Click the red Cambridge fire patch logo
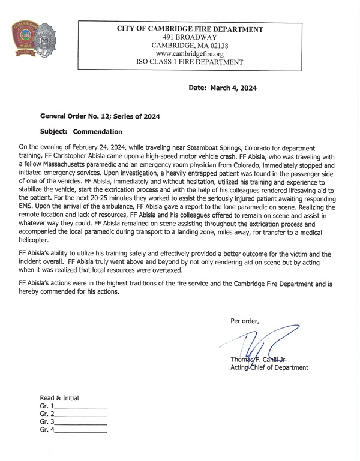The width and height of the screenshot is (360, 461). (x=26, y=37)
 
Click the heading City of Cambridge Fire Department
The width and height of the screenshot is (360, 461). (x=189, y=29)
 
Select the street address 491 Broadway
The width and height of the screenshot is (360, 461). (x=190, y=37)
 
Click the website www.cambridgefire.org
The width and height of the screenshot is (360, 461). (x=189, y=53)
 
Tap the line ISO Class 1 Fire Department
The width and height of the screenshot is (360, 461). (x=189, y=62)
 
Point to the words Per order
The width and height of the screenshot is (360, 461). (x=245, y=321)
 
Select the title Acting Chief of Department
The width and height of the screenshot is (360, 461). (x=269, y=367)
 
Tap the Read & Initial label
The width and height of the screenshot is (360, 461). (x=59, y=398)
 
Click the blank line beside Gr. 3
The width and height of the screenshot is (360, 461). (x=80, y=424)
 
